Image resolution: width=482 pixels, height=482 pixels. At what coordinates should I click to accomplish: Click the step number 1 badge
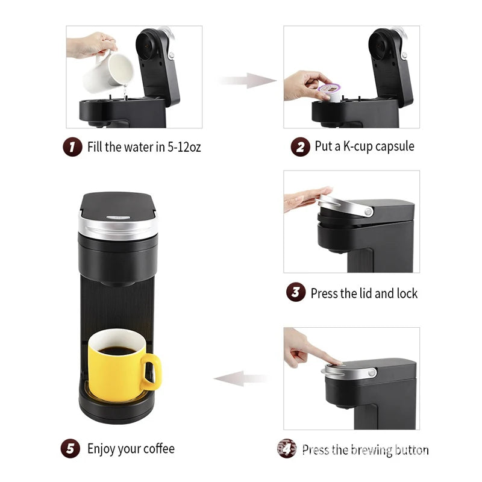(72, 147)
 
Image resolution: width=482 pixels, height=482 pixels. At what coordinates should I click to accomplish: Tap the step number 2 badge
(299, 147)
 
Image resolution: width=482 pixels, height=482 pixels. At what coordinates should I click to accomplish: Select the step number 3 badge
(295, 293)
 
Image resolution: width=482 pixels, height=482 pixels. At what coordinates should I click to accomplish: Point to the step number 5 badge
(70, 449)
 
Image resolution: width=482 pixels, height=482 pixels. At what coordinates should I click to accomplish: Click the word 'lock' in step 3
(407, 293)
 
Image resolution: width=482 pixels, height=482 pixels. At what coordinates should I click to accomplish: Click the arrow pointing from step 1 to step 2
(246, 80)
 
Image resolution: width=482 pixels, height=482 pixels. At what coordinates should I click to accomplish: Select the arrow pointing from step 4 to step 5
(241, 379)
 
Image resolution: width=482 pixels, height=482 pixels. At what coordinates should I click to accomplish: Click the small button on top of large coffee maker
(115, 218)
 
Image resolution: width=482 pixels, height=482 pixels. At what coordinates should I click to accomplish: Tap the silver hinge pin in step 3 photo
(367, 210)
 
